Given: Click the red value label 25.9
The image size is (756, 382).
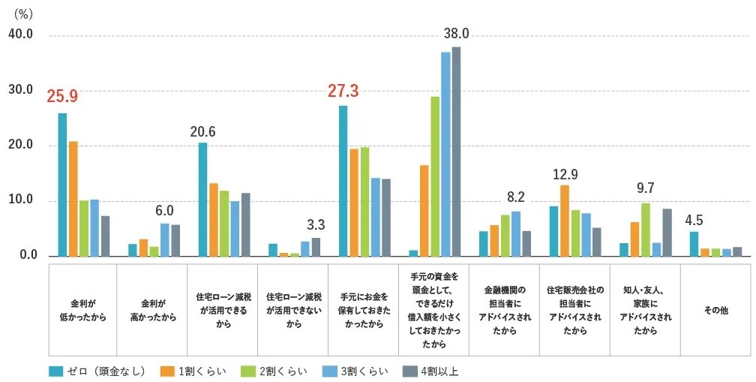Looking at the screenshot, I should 62,97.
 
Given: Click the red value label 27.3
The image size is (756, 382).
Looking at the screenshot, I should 343,92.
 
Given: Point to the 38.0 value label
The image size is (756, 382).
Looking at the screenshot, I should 456,34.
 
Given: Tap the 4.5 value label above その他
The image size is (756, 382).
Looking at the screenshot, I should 694,221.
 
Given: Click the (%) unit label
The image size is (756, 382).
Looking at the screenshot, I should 23,14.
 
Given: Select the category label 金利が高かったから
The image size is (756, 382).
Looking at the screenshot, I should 154,310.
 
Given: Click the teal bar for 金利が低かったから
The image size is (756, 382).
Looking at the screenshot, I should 62,185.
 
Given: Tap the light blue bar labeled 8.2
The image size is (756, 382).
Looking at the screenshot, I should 515,233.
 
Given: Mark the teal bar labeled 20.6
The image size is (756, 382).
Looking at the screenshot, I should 202,200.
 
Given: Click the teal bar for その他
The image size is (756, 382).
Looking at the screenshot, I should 694,244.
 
